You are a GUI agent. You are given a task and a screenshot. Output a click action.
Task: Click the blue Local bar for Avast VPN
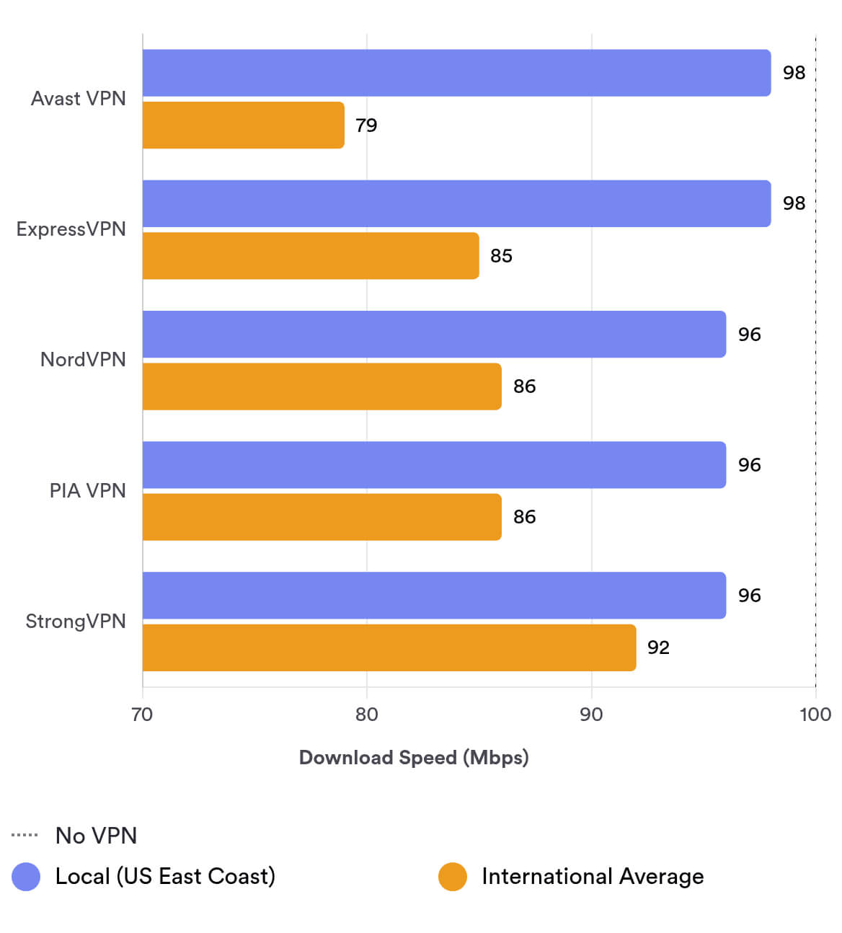tap(456, 73)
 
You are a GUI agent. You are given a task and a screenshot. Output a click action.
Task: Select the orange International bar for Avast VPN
tap(243, 125)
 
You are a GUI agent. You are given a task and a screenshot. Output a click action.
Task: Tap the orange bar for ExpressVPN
tap(311, 256)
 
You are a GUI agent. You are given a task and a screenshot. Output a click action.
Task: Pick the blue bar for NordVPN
tap(434, 335)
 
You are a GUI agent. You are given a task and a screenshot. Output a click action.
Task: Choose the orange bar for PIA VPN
tap(322, 517)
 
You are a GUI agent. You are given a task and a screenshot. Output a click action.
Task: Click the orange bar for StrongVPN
tap(389, 647)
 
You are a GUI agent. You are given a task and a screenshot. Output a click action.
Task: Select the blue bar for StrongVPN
tap(434, 596)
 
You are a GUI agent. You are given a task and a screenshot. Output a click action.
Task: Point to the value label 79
tap(366, 125)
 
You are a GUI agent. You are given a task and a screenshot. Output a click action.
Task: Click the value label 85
tap(501, 256)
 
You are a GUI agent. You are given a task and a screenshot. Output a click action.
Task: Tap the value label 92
tap(658, 647)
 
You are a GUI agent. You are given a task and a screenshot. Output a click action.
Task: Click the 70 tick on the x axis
tap(142, 715)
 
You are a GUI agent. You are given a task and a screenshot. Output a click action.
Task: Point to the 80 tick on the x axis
tap(366, 715)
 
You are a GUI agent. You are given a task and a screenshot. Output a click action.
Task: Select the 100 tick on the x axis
tap(815, 715)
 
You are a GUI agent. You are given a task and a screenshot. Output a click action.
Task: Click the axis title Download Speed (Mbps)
tap(414, 758)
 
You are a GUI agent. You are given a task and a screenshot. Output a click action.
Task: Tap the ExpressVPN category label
tap(71, 229)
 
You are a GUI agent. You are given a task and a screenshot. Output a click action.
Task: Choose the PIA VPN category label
tap(87, 491)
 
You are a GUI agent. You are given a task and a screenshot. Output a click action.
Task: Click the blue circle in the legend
tap(27, 877)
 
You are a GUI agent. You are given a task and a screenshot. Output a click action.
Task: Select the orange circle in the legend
tap(453, 877)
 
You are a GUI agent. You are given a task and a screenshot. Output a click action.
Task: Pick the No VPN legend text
tap(96, 836)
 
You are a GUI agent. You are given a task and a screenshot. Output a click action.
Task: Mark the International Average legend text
tap(593, 877)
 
